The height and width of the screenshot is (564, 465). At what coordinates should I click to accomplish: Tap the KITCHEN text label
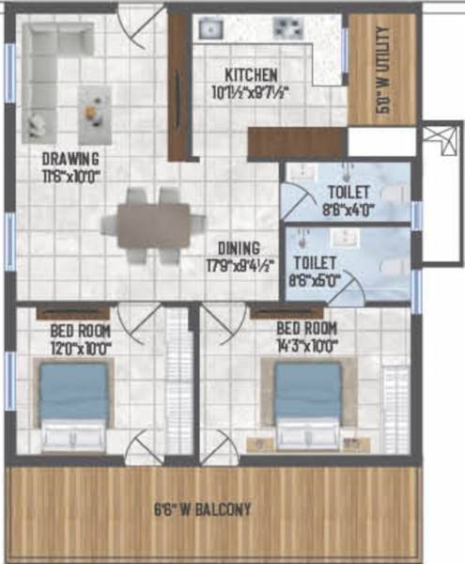click(250, 74)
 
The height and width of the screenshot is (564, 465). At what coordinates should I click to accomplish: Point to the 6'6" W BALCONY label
click(203, 510)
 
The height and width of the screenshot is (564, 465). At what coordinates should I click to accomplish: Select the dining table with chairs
click(153, 224)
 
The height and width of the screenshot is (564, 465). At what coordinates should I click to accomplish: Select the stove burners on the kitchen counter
click(285, 29)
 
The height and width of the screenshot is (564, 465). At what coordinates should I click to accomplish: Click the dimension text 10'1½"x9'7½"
click(250, 91)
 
